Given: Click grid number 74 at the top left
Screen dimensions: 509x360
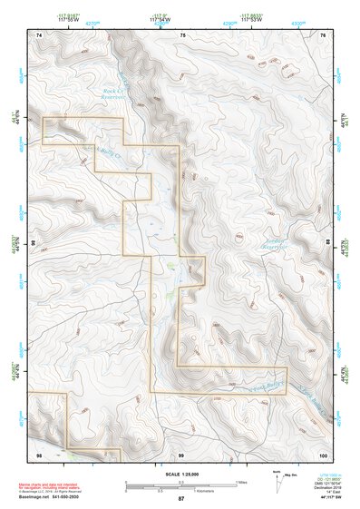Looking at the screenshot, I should [x=38, y=34].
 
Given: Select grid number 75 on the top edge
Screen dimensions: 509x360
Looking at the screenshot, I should [x=182, y=34].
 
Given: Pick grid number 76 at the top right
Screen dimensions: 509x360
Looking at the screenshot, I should [x=323, y=34].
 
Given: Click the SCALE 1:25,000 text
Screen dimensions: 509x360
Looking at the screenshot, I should [x=180, y=474].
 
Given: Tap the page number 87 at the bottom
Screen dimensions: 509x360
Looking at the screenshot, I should [x=180, y=499].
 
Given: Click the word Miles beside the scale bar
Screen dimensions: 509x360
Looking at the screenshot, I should [x=240, y=481].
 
